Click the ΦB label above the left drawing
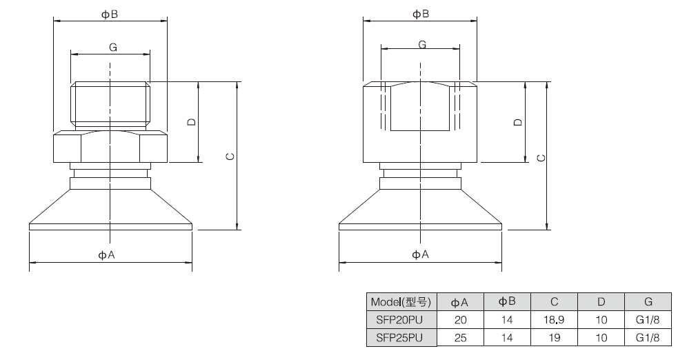[110, 14]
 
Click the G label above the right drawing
[422, 45]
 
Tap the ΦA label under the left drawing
[106, 255]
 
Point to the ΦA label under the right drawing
[420, 254]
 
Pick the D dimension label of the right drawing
[518, 122]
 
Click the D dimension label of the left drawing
[192, 122]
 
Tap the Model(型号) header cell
[401, 302]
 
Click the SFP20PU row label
[399, 320]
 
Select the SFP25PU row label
[399, 338]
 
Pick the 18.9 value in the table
[554, 320]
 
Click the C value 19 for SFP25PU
[555, 338]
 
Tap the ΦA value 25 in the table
[461, 338]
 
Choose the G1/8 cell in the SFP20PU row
[648, 320]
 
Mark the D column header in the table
[601, 302]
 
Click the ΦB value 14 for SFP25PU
[507, 338]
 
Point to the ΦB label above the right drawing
[421, 14]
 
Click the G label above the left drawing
[113, 48]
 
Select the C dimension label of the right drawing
[541, 157]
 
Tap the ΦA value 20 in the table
[461, 320]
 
